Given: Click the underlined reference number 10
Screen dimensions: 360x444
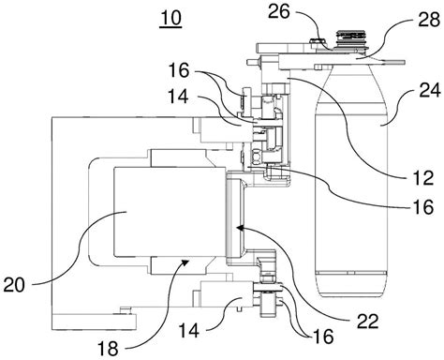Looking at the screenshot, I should [170, 19].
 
